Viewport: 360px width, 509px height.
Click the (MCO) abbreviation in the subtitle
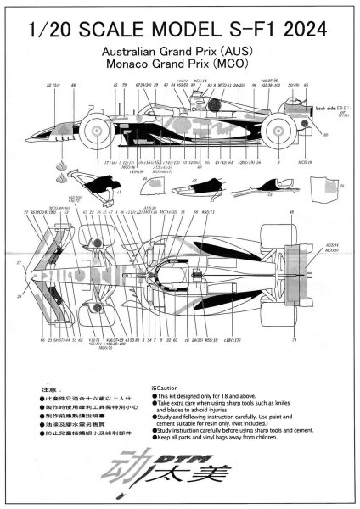point(239,64)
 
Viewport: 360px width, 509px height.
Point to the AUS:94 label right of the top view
point(326,244)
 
